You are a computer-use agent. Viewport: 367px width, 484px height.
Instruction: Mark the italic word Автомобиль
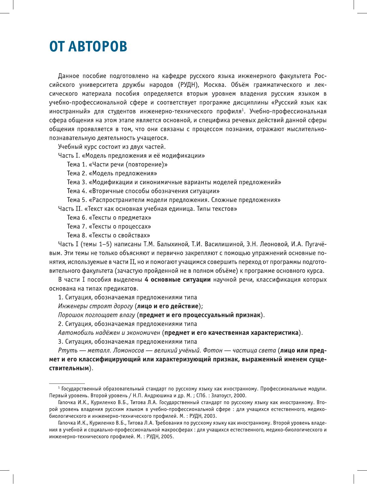pyautogui.click(x=74, y=332)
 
